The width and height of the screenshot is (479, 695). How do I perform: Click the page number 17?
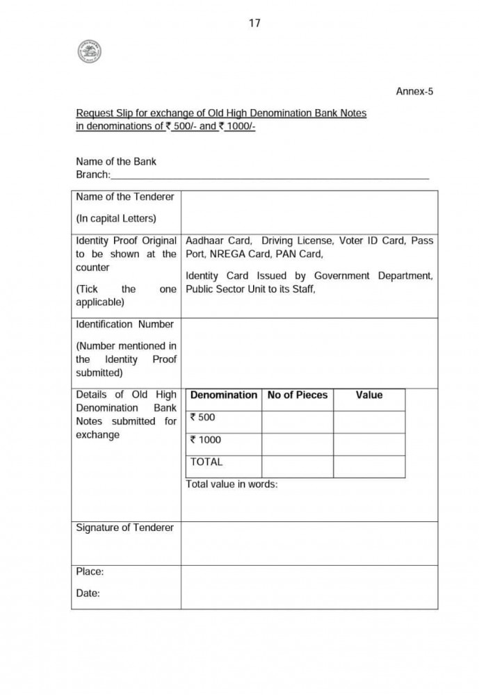click(x=254, y=23)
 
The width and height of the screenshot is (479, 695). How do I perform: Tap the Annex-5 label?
click(x=414, y=91)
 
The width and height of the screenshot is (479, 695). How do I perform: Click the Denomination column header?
click(x=223, y=395)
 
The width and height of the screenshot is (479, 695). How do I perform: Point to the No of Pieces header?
click(x=297, y=395)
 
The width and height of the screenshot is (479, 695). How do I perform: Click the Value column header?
click(x=368, y=395)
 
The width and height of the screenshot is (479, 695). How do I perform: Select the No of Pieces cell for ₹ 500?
click(x=297, y=421)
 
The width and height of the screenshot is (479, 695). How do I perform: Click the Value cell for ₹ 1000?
click(x=368, y=443)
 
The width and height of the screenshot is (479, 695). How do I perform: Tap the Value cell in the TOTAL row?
click(x=368, y=466)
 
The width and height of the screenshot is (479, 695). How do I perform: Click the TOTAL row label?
click(x=206, y=462)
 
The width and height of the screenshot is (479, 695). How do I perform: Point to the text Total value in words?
click(x=232, y=484)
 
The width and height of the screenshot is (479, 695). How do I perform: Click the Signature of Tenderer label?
click(x=124, y=528)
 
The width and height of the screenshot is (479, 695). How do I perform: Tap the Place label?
click(x=90, y=571)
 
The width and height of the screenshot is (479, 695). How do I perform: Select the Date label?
click(x=88, y=594)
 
